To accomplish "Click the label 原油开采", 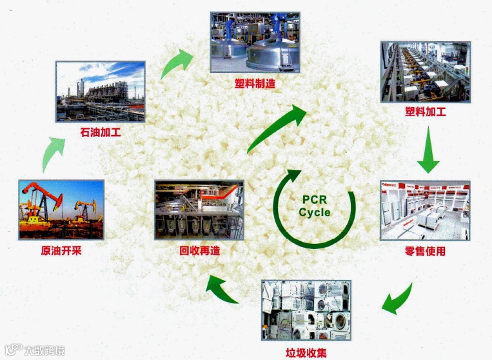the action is click(x=61, y=250).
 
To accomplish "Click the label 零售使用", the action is click(x=425, y=251).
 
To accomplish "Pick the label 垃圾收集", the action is click(x=306, y=352).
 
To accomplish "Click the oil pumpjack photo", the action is click(x=62, y=209).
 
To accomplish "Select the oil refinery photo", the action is click(x=100, y=91).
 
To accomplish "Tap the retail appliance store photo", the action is click(x=425, y=210).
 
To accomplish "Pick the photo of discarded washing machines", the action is click(x=306, y=310).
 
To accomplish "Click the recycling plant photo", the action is click(x=199, y=210).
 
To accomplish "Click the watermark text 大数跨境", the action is click(x=44, y=350).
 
